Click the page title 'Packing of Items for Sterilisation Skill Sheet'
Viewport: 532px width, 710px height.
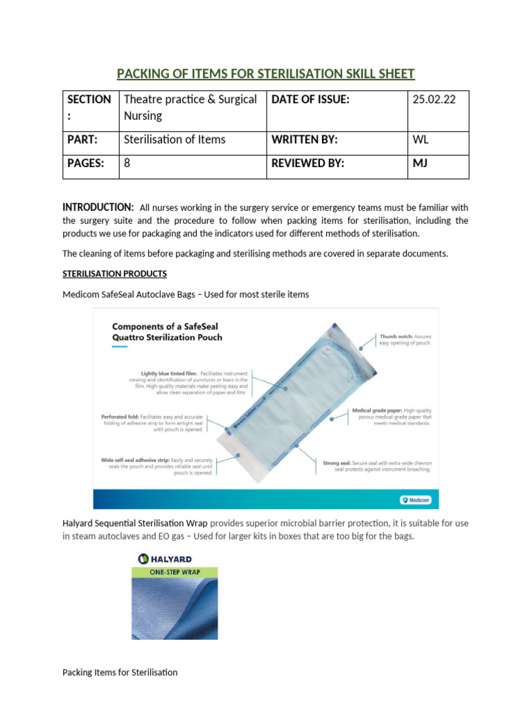[x=265, y=74]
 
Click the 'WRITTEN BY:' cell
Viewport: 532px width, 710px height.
[x=305, y=139]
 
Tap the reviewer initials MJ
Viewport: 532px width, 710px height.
[x=420, y=164]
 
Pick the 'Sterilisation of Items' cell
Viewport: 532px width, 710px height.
[x=175, y=139]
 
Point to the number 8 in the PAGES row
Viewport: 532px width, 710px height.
[x=127, y=164]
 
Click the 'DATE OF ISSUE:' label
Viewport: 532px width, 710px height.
[x=310, y=100]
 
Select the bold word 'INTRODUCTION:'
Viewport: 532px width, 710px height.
[x=98, y=207]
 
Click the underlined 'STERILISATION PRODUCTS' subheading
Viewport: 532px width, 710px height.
[x=114, y=274]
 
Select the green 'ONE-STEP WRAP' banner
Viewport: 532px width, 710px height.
[x=174, y=572]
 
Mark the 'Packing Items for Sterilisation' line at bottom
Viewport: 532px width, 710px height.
[x=120, y=672]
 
